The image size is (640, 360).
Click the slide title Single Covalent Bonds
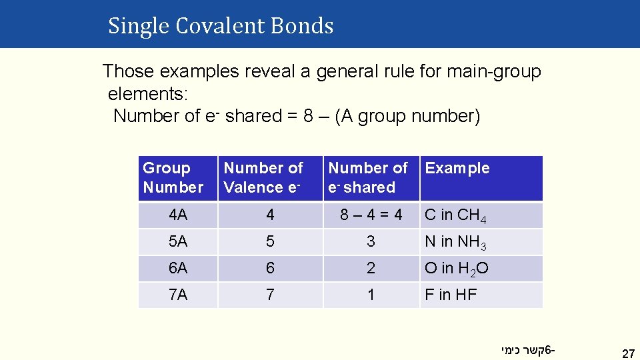tap(221, 26)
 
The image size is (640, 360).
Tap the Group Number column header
tap(173, 178)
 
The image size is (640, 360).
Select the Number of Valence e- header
tap(263, 178)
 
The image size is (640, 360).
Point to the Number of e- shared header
tap(367, 178)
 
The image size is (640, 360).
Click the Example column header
tap(457, 169)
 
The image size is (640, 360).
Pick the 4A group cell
tap(178, 215)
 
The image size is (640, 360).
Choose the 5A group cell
tap(178, 242)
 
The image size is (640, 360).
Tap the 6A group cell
tap(178, 269)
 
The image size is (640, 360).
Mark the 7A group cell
tap(178, 295)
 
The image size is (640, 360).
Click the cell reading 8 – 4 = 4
tap(371, 215)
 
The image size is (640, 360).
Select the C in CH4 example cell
tap(460, 216)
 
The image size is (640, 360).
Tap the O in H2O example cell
tap(457, 269)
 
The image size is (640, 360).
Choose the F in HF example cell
tap(451, 295)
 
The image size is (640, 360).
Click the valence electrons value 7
tap(270, 295)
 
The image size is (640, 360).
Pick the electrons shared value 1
tap(371, 295)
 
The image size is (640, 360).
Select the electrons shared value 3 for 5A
tap(371, 242)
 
